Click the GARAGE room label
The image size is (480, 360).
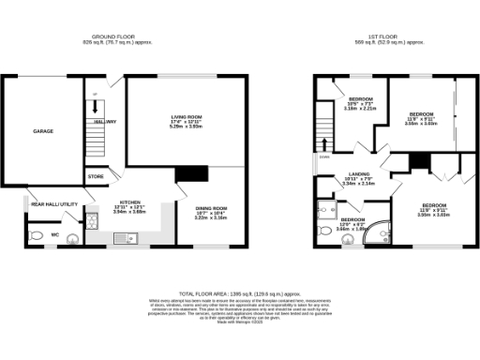42,132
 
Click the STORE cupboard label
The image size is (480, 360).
96,176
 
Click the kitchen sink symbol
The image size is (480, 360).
124,237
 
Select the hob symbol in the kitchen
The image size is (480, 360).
94,221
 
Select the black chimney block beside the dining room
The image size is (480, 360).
191,173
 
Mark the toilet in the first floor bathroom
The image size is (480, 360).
326,229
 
